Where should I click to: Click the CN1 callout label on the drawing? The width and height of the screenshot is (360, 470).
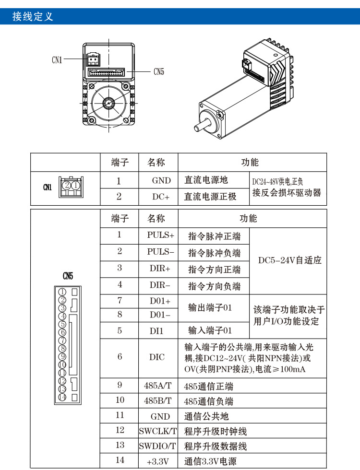pos(57,60)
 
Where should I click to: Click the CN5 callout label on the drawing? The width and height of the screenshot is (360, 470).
pos(159,72)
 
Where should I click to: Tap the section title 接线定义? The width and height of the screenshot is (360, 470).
pos(33,17)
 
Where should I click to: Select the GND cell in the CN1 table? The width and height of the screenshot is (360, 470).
pos(161,181)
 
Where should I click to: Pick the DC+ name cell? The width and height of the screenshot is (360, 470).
pos(161,197)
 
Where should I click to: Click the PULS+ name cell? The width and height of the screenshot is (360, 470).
pos(161,235)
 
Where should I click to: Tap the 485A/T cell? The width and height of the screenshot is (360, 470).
pos(158,386)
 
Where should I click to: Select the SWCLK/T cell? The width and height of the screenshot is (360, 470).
pos(158,431)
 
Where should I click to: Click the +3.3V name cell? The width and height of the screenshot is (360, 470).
pos(158,461)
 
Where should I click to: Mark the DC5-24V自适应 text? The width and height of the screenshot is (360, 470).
pos(290,261)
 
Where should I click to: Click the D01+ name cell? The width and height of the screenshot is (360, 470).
pos(159,301)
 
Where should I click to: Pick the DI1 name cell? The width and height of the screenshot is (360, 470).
pos(157,330)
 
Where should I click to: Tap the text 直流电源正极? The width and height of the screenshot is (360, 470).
pos(211,197)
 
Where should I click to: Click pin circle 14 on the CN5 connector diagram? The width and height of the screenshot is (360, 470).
pos(62,397)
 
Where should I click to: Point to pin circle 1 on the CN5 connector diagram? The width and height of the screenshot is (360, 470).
pos(62,292)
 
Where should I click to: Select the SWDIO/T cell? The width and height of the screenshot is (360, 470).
pos(158,446)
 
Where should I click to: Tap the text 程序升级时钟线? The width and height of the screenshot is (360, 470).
pos(216,431)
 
